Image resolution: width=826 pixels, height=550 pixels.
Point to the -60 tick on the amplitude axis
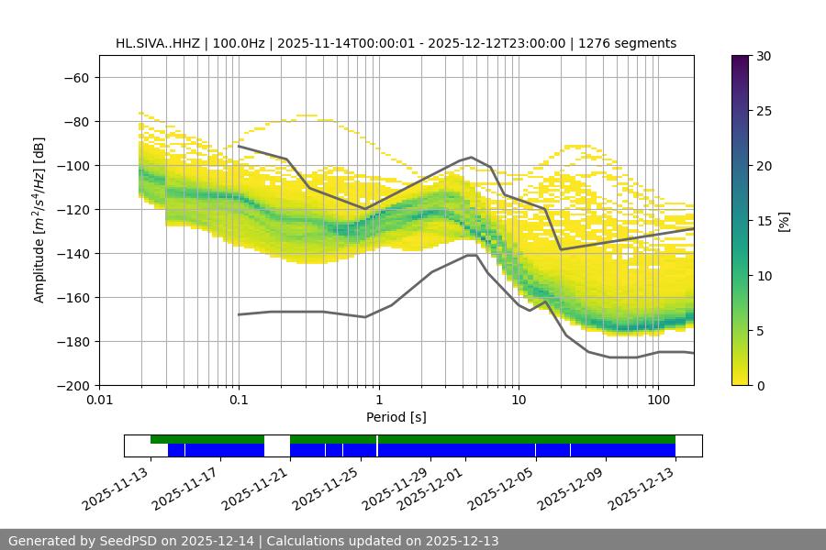click(x=76, y=78)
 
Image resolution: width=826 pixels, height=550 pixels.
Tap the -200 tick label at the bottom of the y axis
click(x=73, y=386)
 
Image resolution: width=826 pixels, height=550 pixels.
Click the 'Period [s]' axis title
click(x=396, y=417)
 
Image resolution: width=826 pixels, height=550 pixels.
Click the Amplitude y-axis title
click(x=39, y=220)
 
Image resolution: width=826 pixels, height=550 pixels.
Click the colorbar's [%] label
click(x=784, y=221)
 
